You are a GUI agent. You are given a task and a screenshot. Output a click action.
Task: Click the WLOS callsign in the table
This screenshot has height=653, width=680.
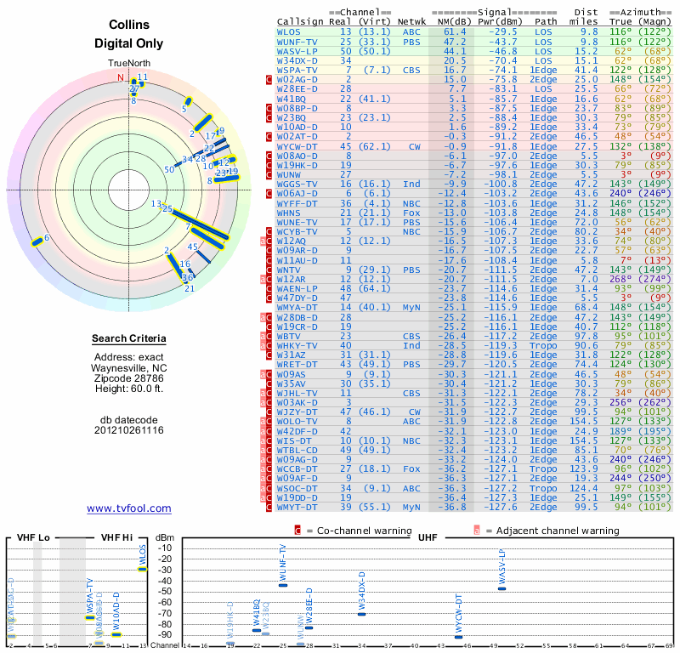pyautogui.click(x=289, y=31)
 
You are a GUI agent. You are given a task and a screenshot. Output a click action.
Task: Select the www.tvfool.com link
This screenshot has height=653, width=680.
pyautogui.click(x=128, y=508)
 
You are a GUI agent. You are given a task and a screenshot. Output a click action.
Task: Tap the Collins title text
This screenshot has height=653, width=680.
pyautogui.click(x=129, y=26)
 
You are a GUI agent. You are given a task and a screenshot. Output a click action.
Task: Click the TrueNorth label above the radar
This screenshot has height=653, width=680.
pyautogui.click(x=128, y=64)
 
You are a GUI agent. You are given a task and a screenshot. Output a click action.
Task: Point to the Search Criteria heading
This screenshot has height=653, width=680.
pyautogui.click(x=129, y=339)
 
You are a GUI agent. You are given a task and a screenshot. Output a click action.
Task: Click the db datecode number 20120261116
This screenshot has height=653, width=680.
pyautogui.click(x=129, y=430)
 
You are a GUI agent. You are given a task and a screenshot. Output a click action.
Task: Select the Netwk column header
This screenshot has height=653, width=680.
pyautogui.click(x=412, y=20)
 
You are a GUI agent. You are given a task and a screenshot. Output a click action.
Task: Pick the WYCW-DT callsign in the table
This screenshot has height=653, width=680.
pyautogui.click(x=297, y=145)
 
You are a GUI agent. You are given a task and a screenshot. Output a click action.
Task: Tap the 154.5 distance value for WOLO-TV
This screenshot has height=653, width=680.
pyautogui.click(x=582, y=421)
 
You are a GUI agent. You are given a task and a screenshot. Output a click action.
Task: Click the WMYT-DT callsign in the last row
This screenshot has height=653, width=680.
pyautogui.click(x=297, y=507)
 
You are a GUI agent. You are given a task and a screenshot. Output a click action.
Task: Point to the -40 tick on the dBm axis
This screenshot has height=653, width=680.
pyautogui.click(x=164, y=580)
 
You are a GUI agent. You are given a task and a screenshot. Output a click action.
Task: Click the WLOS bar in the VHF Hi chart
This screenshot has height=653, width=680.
pyautogui.click(x=143, y=569)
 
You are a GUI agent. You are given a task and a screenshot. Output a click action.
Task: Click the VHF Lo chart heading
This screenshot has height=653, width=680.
pyautogui.click(x=31, y=537)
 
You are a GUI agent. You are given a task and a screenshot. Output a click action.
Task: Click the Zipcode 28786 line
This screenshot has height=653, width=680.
pyautogui.click(x=129, y=377)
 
